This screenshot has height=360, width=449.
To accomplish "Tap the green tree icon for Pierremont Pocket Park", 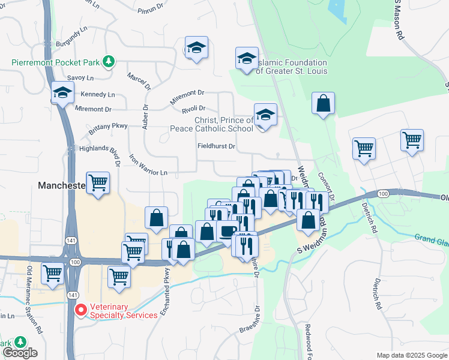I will pos(108,61).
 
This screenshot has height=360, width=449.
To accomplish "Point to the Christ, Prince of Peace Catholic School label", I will pos(223,124).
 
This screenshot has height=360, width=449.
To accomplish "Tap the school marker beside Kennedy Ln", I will pos(62,93).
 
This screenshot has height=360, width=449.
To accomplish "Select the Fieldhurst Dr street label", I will pos(216,146).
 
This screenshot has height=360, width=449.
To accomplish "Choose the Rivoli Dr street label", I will pos(193,109).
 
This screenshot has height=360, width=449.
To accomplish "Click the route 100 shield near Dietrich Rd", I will pos(383,193).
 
